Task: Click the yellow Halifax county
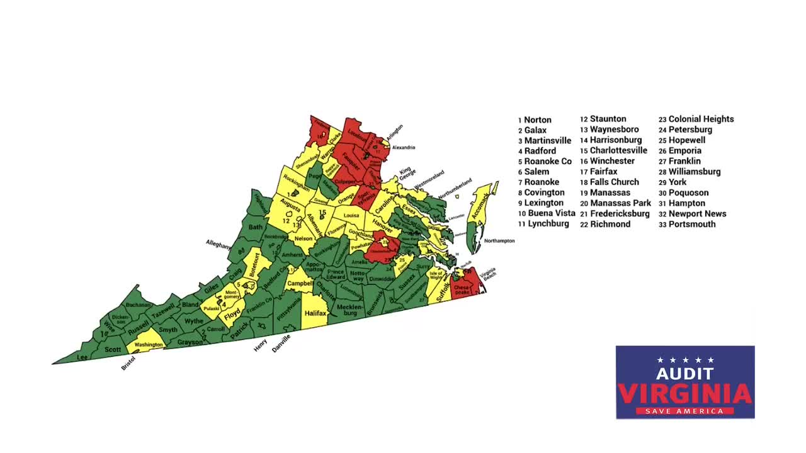click(x=315, y=313)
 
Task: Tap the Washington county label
click(x=149, y=345)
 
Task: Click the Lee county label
click(x=82, y=357)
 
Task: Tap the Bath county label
click(x=256, y=227)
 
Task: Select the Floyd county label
click(x=232, y=313)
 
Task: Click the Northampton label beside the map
click(x=499, y=241)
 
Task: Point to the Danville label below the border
click(x=281, y=343)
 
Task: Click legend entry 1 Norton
click(x=535, y=120)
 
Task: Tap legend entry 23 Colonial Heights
click(x=696, y=119)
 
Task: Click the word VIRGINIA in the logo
click(x=685, y=394)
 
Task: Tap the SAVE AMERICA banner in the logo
click(x=685, y=411)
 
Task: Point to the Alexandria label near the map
click(x=404, y=147)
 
